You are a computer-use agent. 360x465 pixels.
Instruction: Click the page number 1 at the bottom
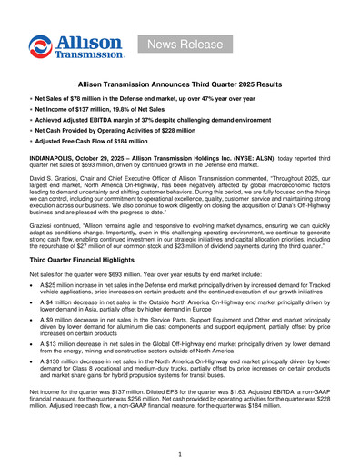pos(180,453)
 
